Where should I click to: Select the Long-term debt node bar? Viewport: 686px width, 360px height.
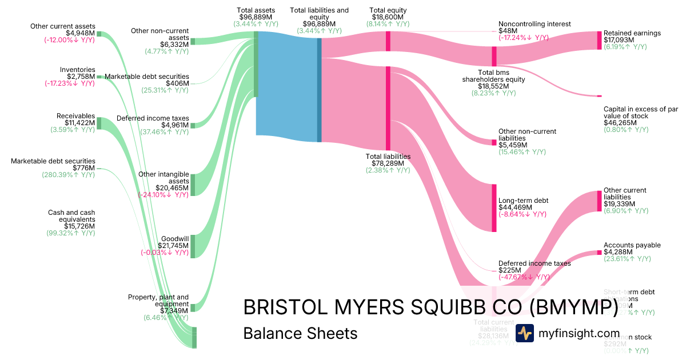[494, 207]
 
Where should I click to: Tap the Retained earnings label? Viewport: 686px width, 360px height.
[632, 33]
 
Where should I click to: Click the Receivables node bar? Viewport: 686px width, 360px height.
[99, 123]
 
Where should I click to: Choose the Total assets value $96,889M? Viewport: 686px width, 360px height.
[256, 18]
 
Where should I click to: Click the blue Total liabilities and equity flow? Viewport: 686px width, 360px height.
[286, 86]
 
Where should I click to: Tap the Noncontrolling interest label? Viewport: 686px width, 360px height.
[535, 24]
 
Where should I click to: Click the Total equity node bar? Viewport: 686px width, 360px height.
[388, 41]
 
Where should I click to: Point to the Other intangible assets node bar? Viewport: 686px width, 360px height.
[193, 185]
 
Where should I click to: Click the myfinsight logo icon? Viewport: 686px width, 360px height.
[524, 333]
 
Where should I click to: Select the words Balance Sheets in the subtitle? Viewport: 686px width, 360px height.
[300, 333]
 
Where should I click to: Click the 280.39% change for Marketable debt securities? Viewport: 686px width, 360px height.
[68, 175]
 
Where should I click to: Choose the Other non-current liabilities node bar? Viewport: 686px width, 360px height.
[494, 142]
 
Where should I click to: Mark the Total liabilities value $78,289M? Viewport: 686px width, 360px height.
[388, 163]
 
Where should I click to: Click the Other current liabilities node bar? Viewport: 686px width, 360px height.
[600, 201]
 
